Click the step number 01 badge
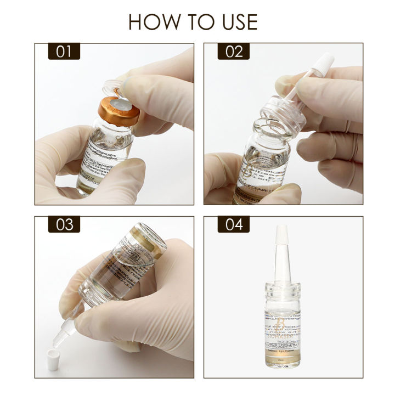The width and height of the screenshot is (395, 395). click(x=64, y=52)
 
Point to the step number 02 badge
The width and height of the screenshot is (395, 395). click(x=234, y=52)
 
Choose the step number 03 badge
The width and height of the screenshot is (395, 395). click(x=64, y=224)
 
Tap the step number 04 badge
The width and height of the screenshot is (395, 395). click(x=234, y=224)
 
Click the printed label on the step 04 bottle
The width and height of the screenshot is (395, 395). click(x=285, y=329)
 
